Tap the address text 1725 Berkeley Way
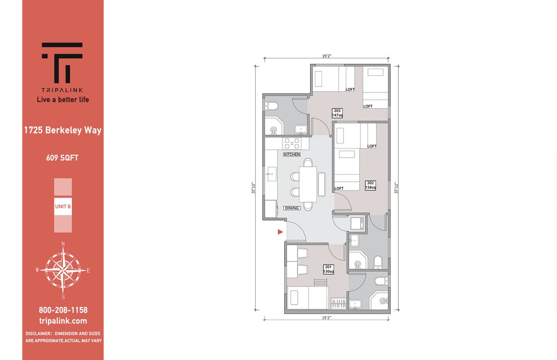[x=63, y=131]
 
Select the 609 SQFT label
[x=62, y=158]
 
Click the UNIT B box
[x=63, y=206]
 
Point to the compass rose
[x=63, y=270]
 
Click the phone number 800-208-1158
[x=63, y=310]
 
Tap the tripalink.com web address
[x=63, y=321]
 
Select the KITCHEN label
[x=292, y=154]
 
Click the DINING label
[x=292, y=208]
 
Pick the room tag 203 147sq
[x=337, y=113]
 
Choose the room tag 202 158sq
[x=371, y=185]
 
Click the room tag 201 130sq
[x=328, y=269]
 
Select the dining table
[x=308, y=184]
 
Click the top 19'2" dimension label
[x=327, y=57]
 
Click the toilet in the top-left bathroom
[x=272, y=106]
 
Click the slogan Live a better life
[x=63, y=100]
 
